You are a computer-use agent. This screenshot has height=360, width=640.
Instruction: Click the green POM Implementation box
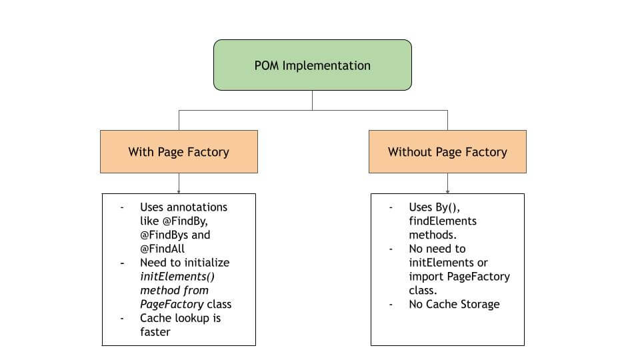[x=312, y=65]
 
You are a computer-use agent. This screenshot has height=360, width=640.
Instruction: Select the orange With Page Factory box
[x=179, y=152]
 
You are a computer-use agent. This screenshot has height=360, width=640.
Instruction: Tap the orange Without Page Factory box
[x=447, y=152]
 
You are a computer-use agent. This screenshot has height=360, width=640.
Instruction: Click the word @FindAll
[x=162, y=249]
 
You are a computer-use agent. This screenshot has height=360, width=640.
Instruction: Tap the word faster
[x=155, y=331]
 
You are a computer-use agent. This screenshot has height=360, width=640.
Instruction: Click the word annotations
[x=197, y=207]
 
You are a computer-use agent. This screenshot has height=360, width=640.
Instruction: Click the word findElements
[x=443, y=221]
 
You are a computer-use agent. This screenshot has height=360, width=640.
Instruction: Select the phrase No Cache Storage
[x=454, y=304]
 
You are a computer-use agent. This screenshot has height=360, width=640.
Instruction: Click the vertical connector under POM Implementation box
[x=312, y=100]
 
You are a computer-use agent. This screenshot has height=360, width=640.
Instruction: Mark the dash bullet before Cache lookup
[x=123, y=318]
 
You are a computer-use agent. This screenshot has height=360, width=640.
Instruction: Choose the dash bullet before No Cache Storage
[x=392, y=304]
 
